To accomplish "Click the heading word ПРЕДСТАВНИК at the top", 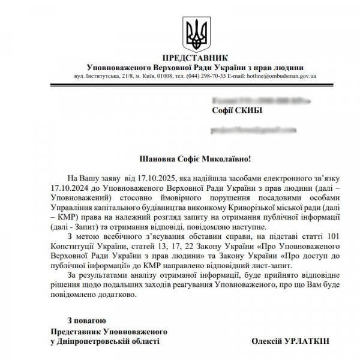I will click(196, 58).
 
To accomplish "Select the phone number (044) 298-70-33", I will click(205, 77).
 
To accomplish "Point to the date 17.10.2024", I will click(70, 188).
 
